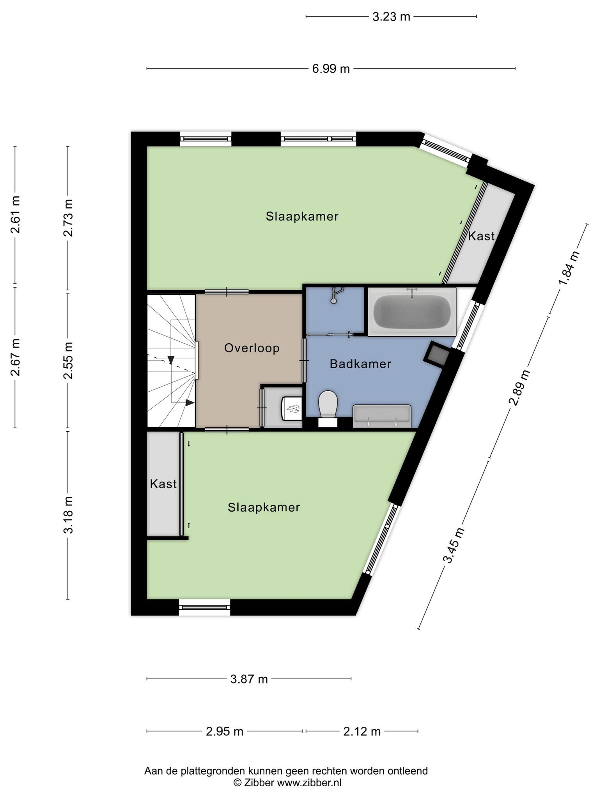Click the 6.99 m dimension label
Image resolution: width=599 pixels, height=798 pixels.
click(331, 69)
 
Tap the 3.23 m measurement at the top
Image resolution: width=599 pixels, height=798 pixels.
click(391, 17)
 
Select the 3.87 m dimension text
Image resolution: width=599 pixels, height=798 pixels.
click(249, 679)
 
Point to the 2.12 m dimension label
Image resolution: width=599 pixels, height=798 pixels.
click(362, 731)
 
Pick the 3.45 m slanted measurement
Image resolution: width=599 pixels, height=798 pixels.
click(454, 545)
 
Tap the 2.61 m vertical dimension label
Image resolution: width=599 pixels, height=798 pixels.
click(15, 214)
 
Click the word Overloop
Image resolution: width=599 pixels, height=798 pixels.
click(252, 348)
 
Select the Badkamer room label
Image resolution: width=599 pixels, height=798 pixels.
click(360, 364)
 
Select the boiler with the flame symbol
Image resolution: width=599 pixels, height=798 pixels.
click(292, 409)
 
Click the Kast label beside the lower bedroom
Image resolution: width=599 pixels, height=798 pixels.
click(163, 484)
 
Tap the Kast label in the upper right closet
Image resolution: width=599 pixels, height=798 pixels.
click(481, 236)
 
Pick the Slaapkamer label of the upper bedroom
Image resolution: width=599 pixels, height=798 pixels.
click(302, 216)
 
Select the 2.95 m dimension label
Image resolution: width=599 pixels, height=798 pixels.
click(225, 731)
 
